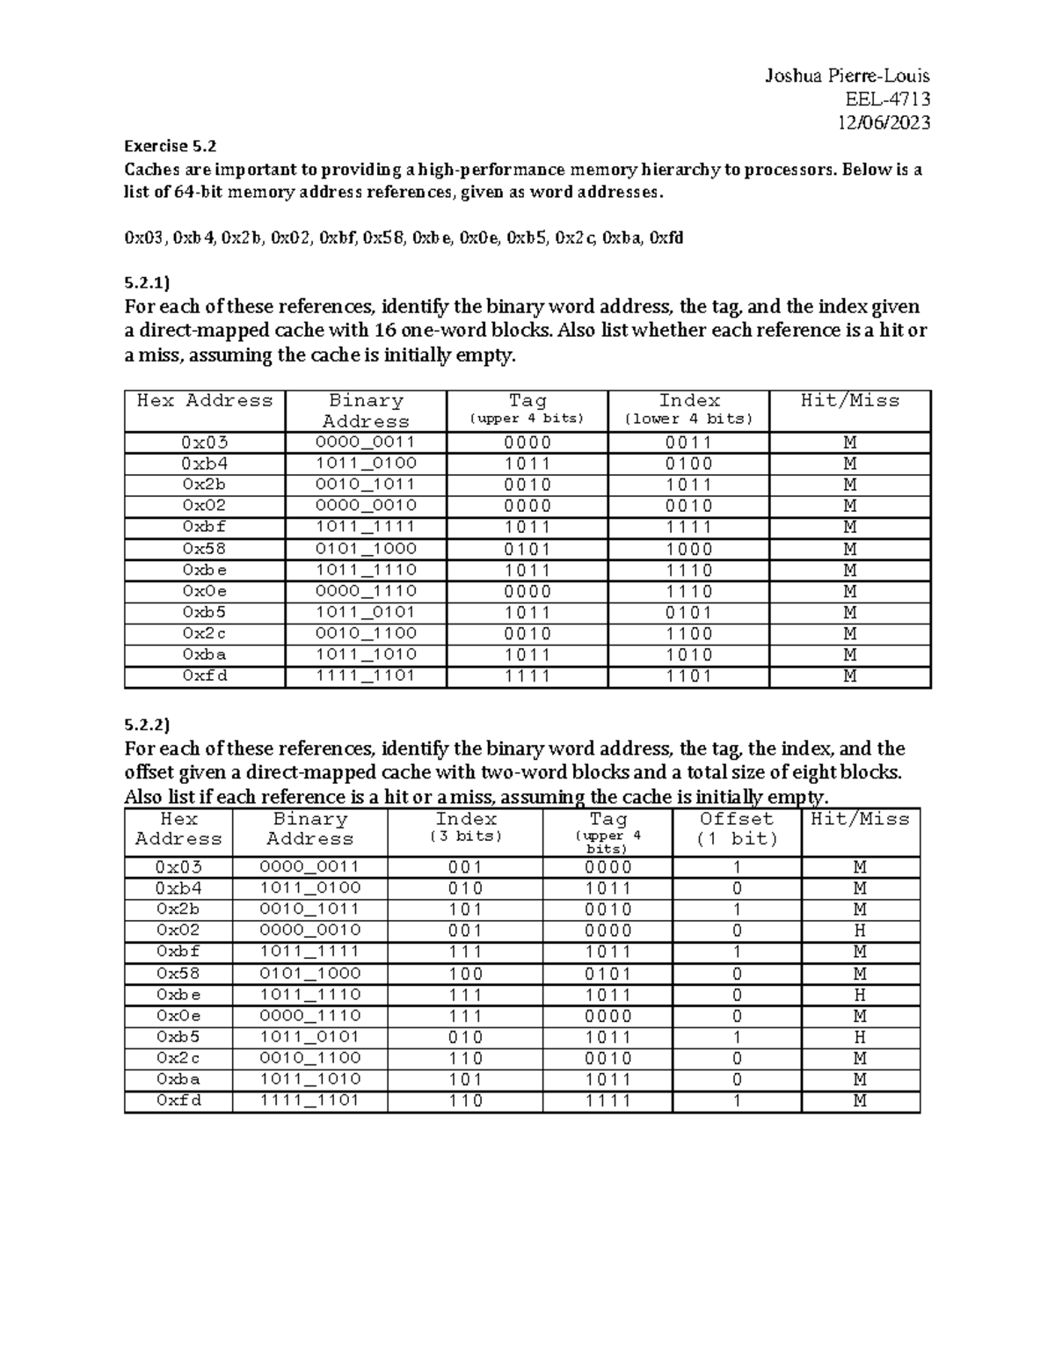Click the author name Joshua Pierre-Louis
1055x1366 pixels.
pos(847,77)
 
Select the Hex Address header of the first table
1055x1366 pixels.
pos(205,401)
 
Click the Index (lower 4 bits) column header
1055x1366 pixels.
pos(689,409)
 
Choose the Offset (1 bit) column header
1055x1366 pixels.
pos(737,829)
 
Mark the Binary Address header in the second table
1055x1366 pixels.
pos(309,829)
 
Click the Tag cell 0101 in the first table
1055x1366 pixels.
pos(527,549)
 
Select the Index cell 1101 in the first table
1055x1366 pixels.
pos(689,676)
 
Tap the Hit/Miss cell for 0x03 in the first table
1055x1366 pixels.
pos(850,442)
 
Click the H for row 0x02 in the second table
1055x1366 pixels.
pos(860,931)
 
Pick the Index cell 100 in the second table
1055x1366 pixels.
pos(465,974)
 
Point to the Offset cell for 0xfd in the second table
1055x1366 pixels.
pos(737,1101)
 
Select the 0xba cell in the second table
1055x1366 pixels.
pos(178,1079)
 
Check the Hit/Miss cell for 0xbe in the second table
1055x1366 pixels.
pos(860,995)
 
